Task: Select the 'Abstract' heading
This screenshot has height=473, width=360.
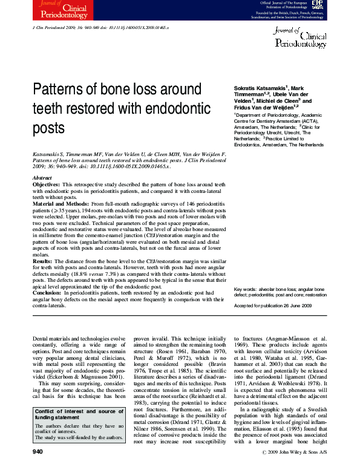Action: (x=42, y=178)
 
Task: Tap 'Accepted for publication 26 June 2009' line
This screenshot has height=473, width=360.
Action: (x=272, y=307)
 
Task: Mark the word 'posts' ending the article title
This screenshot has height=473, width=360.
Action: (x=48, y=128)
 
